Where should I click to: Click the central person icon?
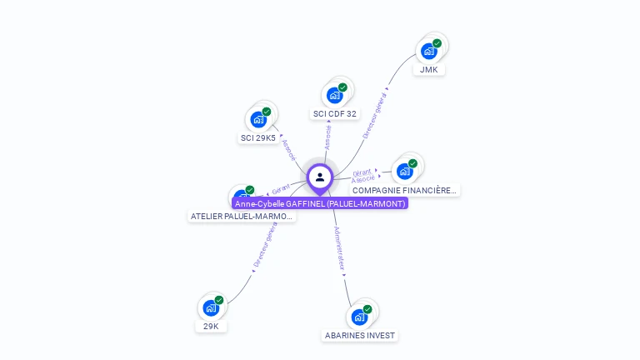320,177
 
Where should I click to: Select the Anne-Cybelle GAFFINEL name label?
320,203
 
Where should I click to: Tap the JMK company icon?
428,52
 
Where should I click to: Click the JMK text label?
428,69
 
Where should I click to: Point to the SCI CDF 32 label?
335,113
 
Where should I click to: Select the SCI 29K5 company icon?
258,119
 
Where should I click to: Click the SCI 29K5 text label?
258,137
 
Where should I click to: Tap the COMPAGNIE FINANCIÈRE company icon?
405,172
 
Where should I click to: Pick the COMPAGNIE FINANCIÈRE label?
405,190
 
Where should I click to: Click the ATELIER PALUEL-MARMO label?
242,216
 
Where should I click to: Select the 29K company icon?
211,308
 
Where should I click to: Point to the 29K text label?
211,326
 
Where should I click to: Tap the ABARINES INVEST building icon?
359,317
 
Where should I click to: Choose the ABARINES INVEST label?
360,335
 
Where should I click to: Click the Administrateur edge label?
339,248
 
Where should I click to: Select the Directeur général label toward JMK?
375,115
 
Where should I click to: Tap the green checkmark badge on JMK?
437,43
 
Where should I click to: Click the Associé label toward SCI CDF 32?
327,137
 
